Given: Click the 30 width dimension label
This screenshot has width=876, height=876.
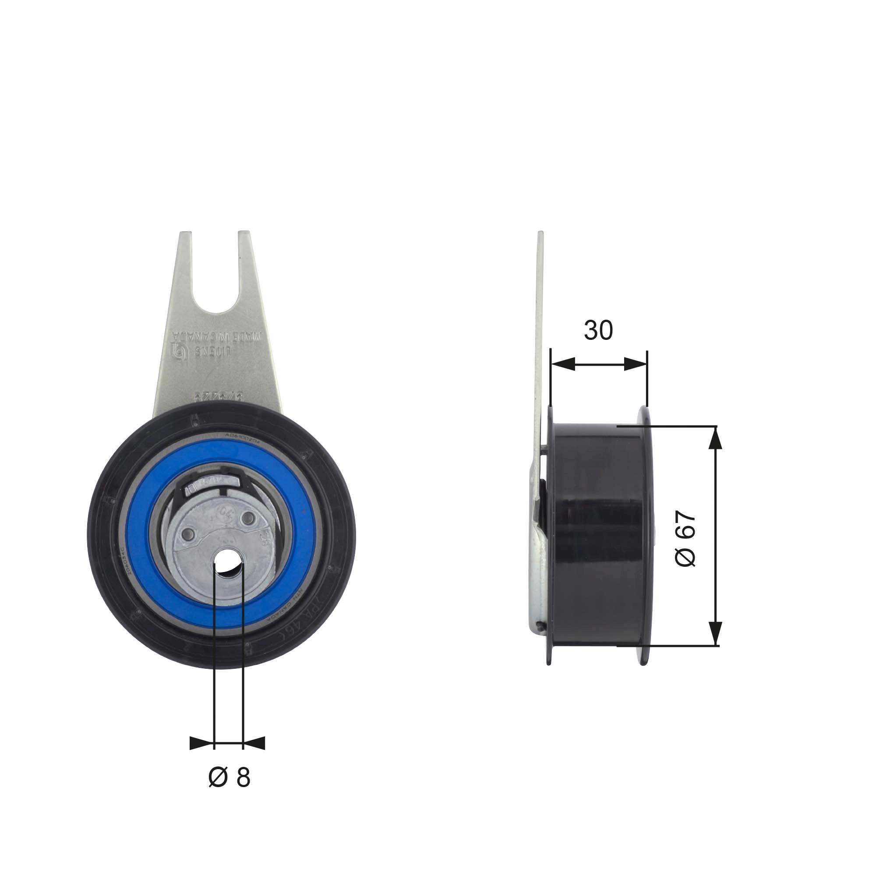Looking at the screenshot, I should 598,331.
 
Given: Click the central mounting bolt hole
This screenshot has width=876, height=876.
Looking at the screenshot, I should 229,565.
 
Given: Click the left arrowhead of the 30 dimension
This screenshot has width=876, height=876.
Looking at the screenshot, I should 562,364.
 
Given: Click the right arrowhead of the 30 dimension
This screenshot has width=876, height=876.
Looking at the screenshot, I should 635,364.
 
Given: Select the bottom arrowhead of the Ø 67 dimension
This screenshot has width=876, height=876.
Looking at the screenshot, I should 715,634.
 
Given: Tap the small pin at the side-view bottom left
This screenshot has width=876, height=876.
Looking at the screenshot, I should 538,627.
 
